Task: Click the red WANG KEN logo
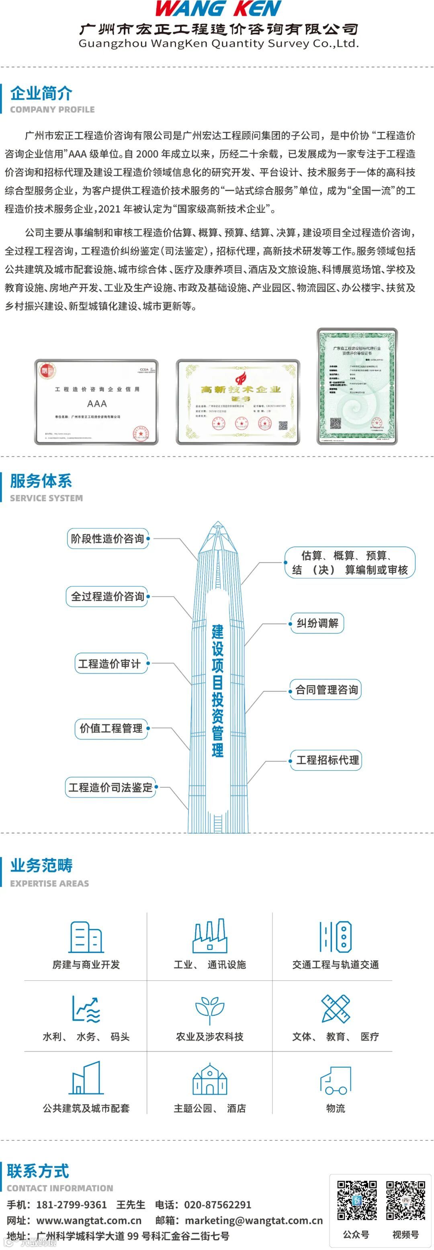click(218, 9)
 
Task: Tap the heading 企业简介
click(41, 93)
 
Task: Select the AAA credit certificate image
click(96, 402)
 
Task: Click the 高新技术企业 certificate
click(238, 402)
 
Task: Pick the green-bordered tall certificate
click(357, 386)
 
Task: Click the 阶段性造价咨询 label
click(107, 539)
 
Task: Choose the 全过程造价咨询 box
click(107, 596)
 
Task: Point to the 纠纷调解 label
click(317, 623)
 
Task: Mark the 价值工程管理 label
click(111, 728)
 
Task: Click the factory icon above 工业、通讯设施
click(210, 935)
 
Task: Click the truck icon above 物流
click(336, 1081)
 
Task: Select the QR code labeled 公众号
click(357, 1200)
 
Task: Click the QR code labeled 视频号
click(405, 1200)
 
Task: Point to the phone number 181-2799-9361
click(72, 1204)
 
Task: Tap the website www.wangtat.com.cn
click(89, 1220)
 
